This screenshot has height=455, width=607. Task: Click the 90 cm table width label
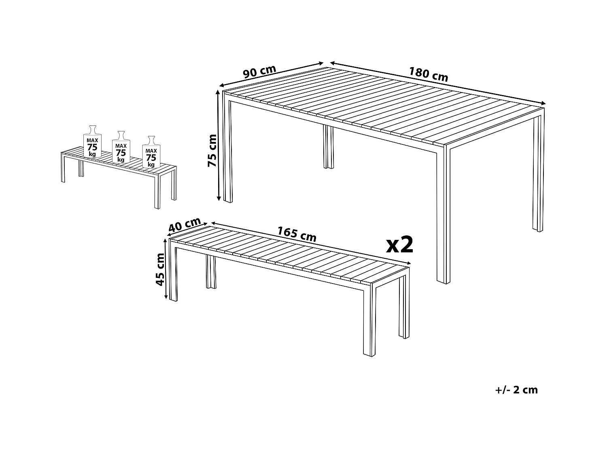tap(259, 72)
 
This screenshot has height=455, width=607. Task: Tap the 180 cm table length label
tap(429, 74)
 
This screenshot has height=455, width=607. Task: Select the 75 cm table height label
tap(212, 150)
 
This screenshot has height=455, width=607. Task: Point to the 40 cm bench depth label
tap(185, 225)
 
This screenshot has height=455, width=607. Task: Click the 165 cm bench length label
tap(297, 234)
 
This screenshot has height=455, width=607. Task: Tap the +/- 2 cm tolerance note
tap(516, 390)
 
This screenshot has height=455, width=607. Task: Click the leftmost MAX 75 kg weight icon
tap(92, 142)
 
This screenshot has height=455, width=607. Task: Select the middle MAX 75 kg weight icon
tap(121, 147)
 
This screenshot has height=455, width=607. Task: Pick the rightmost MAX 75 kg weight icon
tap(151, 153)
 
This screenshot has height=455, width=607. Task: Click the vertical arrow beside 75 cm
tap(219, 146)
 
